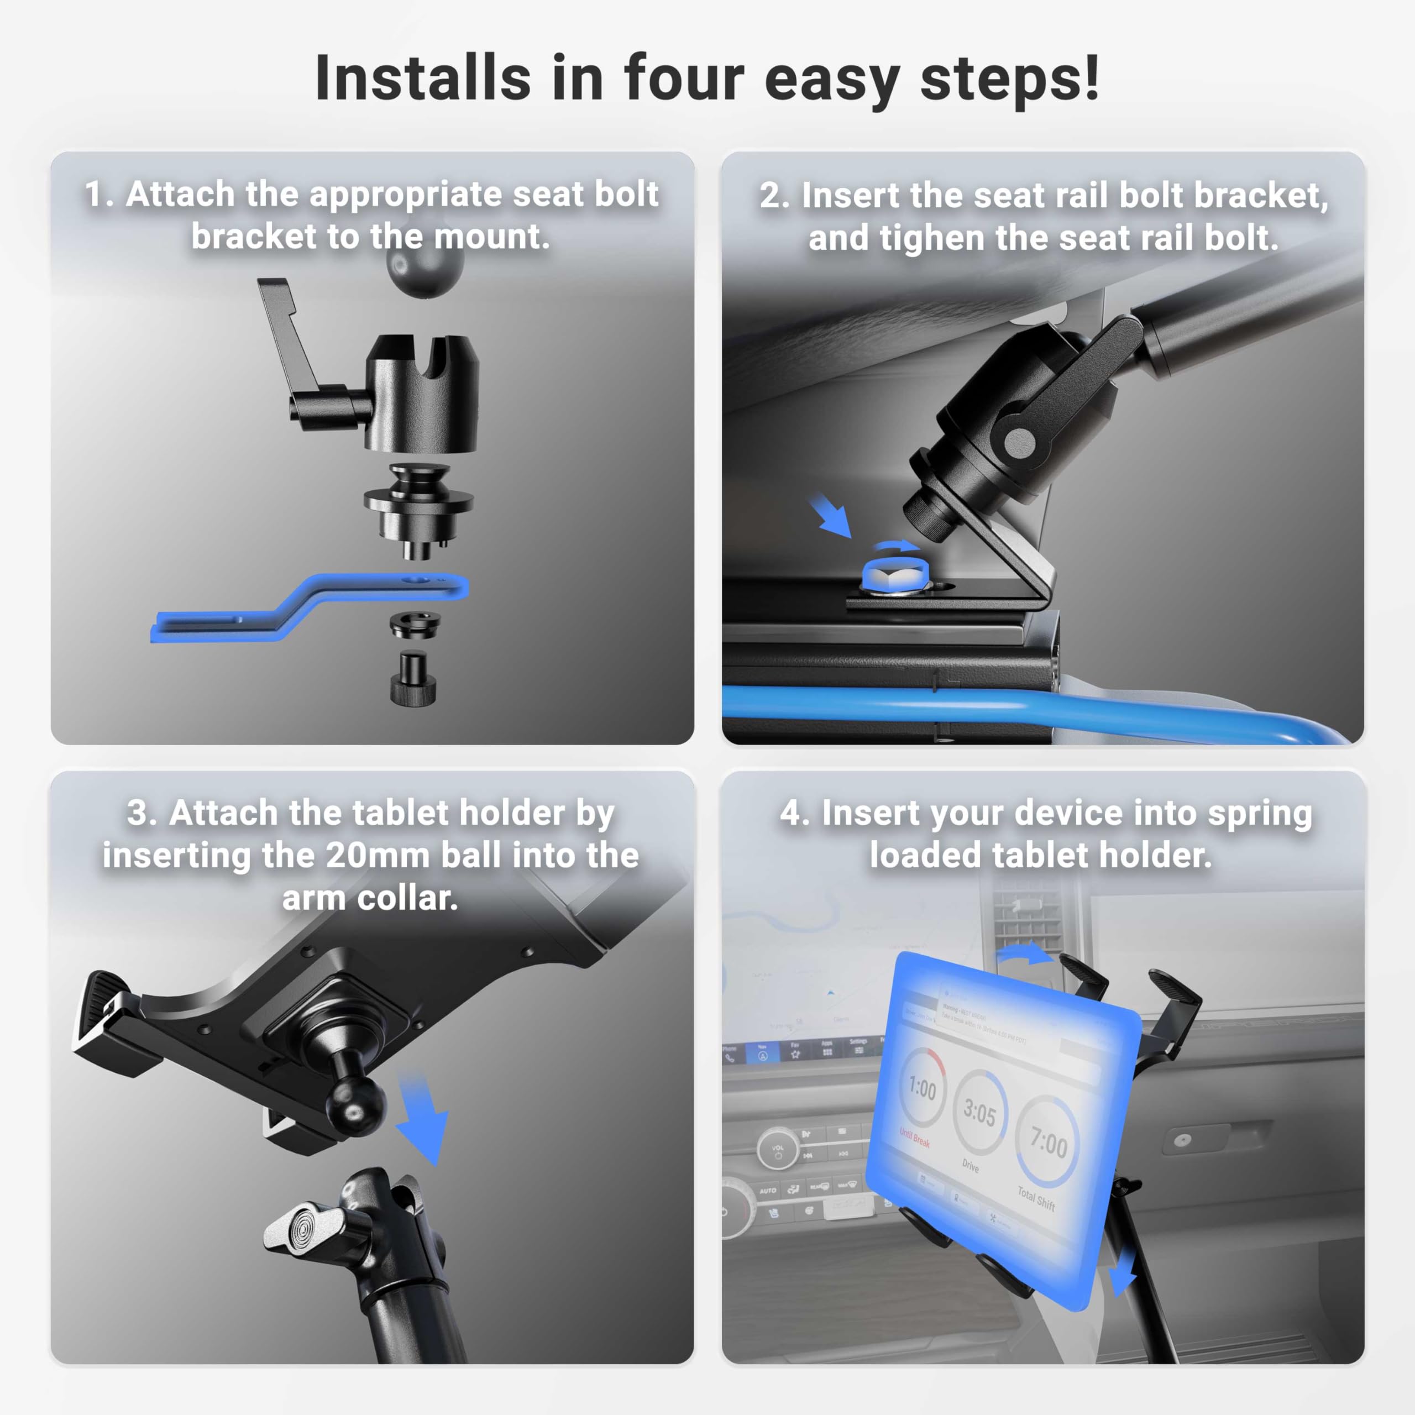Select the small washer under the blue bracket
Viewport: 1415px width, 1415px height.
[x=415, y=625]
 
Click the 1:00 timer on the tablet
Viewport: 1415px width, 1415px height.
[x=921, y=1088]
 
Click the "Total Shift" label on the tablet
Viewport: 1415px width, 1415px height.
[x=1036, y=1199]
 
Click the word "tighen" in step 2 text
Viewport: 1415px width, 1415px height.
[x=931, y=239]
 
